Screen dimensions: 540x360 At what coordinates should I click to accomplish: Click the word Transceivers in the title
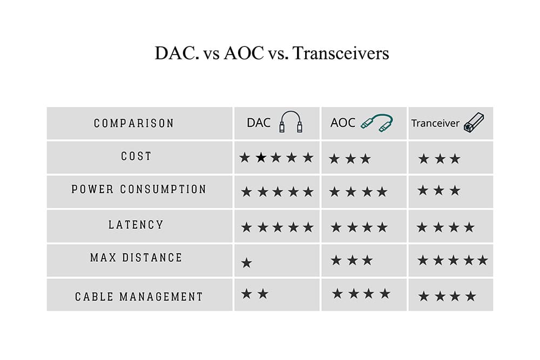pos(341,53)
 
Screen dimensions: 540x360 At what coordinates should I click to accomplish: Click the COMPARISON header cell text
pos(134,123)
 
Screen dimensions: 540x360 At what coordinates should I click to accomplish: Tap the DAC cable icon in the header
pos(291,122)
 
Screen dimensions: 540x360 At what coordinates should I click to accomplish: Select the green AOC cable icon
pos(377,123)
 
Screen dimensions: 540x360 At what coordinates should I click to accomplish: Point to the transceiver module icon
pos(474,123)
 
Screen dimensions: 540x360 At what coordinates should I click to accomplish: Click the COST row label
pos(136,157)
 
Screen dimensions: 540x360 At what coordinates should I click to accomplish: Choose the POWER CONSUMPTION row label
pos(139,189)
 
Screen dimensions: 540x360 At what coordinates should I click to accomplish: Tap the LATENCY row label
pos(136,225)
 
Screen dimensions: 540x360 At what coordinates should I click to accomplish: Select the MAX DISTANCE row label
pos(136,257)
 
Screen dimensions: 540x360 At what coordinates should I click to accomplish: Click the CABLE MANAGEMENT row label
pos(139,297)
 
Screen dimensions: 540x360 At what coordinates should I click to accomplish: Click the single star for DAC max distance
pos(247,263)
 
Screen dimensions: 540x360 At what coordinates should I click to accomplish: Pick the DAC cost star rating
pos(276,158)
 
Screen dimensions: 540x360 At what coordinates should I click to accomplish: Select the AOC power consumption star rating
pos(359,192)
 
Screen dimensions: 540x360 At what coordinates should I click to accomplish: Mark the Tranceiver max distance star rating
pos(453,260)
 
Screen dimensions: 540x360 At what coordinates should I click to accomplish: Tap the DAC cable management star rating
pos(255,294)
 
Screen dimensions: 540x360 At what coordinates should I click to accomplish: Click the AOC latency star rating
pos(359,227)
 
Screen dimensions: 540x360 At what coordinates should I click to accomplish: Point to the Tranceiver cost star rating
pos(440,159)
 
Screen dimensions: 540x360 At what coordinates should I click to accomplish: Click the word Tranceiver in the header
pos(435,123)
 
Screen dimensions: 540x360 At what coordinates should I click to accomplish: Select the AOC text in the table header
pos(343,123)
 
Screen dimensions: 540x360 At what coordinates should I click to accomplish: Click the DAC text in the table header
pos(259,123)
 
